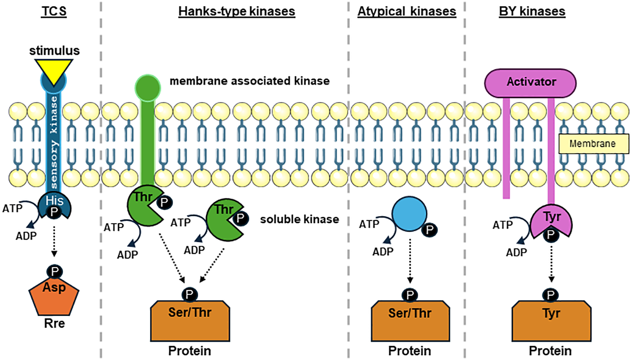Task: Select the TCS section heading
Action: [x=54, y=11]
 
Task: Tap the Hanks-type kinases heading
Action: [x=236, y=11]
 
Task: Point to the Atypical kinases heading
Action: [x=407, y=11]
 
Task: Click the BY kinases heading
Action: [x=532, y=11]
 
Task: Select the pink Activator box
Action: [x=530, y=82]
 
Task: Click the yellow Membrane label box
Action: [x=593, y=144]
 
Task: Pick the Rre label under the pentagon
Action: [x=54, y=323]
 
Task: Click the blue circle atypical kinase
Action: [x=409, y=214]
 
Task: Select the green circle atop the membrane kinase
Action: [x=148, y=88]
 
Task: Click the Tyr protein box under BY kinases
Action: [x=551, y=321]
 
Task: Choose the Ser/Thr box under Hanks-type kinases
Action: [x=190, y=321]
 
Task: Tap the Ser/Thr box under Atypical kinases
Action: [x=410, y=321]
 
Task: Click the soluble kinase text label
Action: [x=299, y=219]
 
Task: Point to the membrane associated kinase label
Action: [x=250, y=81]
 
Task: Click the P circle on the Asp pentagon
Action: [x=55, y=272]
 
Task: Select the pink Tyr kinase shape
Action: [x=551, y=220]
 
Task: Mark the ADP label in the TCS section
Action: [x=26, y=236]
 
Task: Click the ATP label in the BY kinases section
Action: [x=503, y=225]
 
